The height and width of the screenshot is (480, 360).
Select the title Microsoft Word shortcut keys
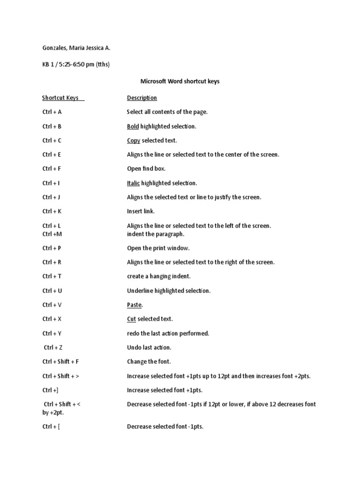coord(180,81)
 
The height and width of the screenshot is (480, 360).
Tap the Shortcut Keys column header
coord(60,98)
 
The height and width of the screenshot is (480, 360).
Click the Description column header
coord(142,98)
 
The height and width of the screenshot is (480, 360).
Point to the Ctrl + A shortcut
coord(52,112)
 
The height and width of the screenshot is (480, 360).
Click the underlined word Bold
coord(133,127)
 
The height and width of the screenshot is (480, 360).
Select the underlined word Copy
coord(134,141)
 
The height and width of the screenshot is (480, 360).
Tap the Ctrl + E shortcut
coord(52,155)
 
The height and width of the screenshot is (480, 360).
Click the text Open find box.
coord(146,169)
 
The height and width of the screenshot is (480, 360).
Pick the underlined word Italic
coord(133,183)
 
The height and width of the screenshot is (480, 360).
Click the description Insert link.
coord(141,211)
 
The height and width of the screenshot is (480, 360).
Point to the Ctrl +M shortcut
coord(52,234)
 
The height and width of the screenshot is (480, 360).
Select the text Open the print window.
coord(158,248)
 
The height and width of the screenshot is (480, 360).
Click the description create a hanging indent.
coord(159,276)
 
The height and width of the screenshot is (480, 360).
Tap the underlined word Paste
coord(134,305)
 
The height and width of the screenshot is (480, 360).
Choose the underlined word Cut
coord(131,319)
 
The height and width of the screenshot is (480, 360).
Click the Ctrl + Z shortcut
coord(53,347)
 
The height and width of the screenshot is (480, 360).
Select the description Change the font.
coord(149,361)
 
